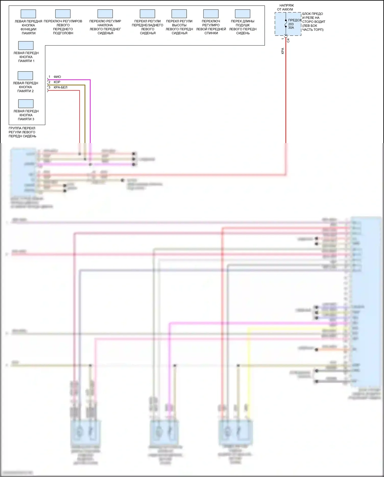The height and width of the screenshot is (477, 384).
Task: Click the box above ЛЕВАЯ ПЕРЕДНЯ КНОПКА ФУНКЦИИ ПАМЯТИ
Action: pyautogui.click(x=28, y=14)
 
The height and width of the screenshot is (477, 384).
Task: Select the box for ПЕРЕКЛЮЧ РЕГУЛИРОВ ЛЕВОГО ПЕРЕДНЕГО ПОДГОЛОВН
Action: pyautogui.click(x=63, y=14)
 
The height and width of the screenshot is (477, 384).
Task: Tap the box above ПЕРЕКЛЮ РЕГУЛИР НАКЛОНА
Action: pyautogui.click(x=105, y=14)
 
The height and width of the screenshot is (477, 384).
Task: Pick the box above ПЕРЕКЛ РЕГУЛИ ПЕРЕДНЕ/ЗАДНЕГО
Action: pyautogui.click(x=147, y=14)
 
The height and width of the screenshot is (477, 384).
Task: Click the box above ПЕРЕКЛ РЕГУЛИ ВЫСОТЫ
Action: pyautogui.click(x=179, y=14)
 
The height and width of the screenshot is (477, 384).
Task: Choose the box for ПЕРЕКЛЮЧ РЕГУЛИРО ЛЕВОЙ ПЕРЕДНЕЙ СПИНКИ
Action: pyautogui.click(x=211, y=14)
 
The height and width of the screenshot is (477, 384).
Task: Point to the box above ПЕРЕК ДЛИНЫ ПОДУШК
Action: pyautogui.click(x=242, y=14)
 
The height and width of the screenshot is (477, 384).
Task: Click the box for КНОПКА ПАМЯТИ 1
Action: pyautogui.click(x=26, y=45)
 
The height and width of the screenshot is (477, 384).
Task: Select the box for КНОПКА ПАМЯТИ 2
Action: pyautogui.click(x=25, y=76)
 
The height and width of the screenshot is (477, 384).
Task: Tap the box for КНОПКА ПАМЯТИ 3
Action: pyautogui.click(x=26, y=104)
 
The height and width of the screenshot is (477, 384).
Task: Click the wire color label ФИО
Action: pyautogui.click(x=57, y=77)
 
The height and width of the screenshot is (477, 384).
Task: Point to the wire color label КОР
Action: pyautogui.click(x=57, y=82)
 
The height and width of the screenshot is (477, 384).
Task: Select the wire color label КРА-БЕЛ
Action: pyautogui.click(x=60, y=87)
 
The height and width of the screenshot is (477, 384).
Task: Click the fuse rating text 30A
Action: pyautogui.click(x=291, y=28)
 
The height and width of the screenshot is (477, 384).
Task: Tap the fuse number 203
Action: pyautogui.click(x=291, y=24)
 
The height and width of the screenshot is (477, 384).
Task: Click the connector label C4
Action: pyautogui.click(x=288, y=40)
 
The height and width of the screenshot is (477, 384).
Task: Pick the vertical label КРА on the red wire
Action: pyautogui.click(x=283, y=51)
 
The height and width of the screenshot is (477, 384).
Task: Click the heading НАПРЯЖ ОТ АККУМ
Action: pyautogui.click(x=285, y=7)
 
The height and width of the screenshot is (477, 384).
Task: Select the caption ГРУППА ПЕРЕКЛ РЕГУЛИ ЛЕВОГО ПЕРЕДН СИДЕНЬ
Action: pyautogui.click(x=22, y=132)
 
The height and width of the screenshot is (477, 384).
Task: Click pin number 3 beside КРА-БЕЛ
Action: pyautogui.click(x=49, y=87)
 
